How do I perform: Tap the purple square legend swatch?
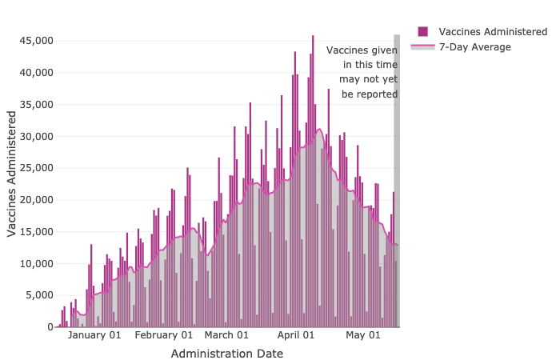click(x=422, y=31)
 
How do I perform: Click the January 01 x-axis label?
click(x=94, y=335)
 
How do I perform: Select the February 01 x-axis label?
click(x=163, y=335)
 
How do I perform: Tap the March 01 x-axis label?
click(x=226, y=335)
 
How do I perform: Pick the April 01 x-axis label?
click(x=296, y=335)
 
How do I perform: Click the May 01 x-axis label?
click(x=362, y=335)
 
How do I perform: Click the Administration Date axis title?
click(x=226, y=353)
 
